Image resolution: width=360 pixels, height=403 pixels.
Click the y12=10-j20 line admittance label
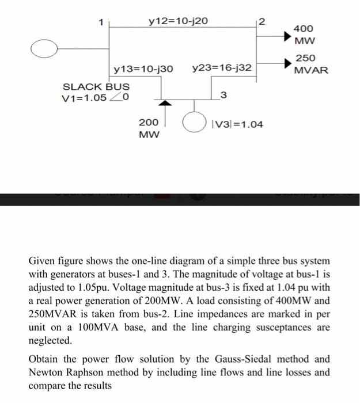pyautogui.click(x=178, y=22)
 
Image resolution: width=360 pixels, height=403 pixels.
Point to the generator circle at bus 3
pyautogui.click(x=195, y=123)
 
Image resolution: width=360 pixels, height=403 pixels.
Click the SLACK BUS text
pyautogui.click(x=95, y=86)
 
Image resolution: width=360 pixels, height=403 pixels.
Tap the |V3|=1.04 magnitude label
pyautogui.click(x=237, y=123)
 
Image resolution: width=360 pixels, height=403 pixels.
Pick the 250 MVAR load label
pyautogui.click(x=310, y=64)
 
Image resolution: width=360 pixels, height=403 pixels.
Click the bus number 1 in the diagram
pyautogui.click(x=101, y=23)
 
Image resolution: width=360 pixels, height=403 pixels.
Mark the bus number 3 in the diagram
pyautogui.click(x=225, y=94)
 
